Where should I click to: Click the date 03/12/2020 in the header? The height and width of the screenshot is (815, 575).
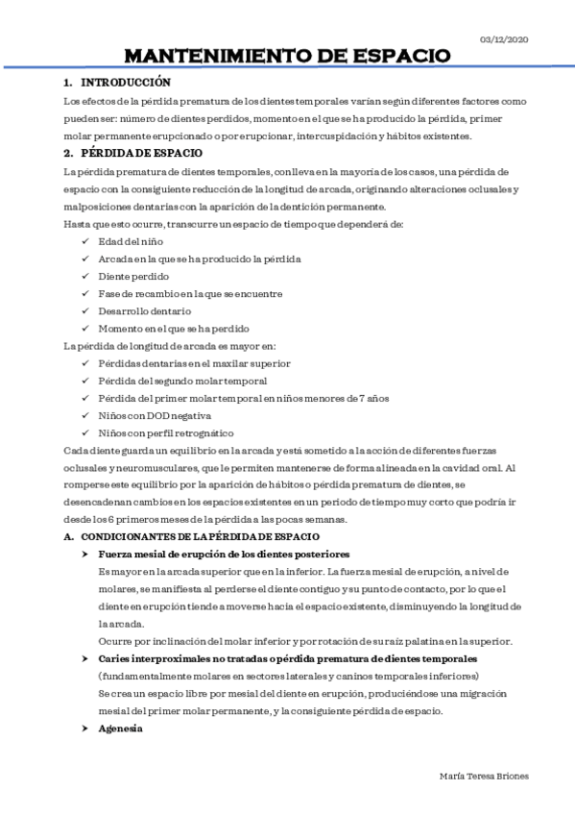click(503, 38)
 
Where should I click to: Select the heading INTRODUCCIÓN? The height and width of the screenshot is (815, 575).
click(125, 84)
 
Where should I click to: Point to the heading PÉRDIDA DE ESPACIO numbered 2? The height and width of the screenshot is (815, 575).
click(141, 154)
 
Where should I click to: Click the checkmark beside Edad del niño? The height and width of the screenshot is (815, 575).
click(86, 241)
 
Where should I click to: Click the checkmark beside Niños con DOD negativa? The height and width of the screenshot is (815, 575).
click(86, 415)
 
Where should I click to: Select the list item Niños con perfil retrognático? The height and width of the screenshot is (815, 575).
click(165, 432)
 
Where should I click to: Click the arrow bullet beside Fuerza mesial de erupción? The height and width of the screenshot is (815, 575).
click(86, 555)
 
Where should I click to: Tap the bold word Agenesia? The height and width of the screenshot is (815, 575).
click(120, 729)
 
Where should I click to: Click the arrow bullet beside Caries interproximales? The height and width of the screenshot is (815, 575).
click(86, 658)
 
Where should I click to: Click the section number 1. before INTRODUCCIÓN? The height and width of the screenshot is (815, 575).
click(68, 84)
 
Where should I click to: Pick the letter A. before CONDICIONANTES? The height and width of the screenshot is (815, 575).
click(68, 535)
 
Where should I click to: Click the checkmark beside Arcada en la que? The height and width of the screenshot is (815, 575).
click(86, 259)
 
